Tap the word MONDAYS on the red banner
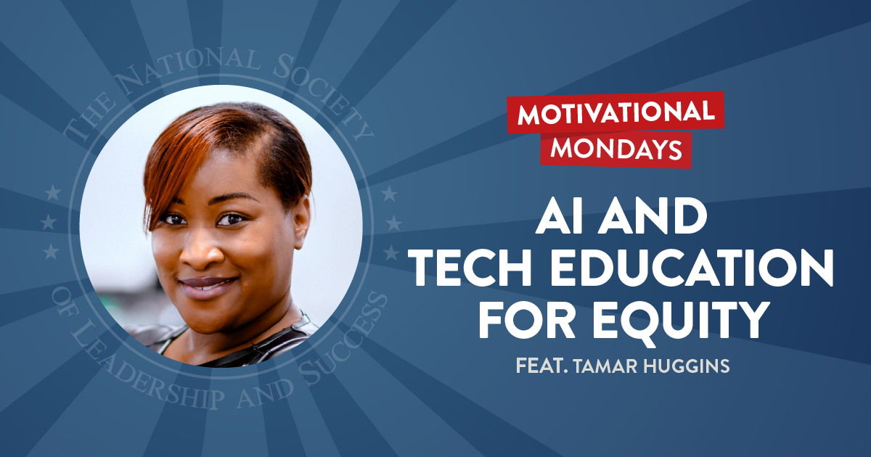coord(616,147)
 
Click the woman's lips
coord(206,283)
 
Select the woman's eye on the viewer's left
coord(172,218)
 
